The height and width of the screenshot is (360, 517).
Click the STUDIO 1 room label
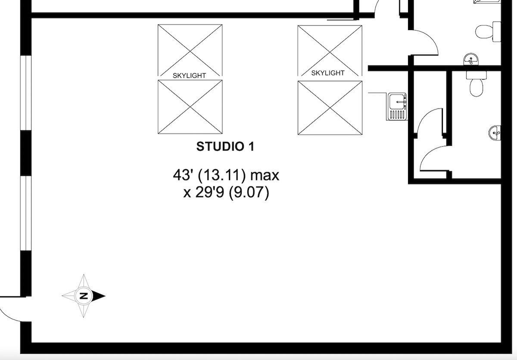coord(225,146)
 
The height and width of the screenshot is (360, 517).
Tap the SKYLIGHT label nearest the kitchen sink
coord(328,73)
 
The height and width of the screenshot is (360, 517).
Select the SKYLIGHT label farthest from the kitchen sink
coord(189,75)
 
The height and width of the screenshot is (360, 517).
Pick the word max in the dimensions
coord(265,176)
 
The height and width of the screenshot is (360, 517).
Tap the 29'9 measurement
coord(209,192)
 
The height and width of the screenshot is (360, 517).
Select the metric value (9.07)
coord(249,193)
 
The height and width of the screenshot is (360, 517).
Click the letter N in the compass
coord(84,296)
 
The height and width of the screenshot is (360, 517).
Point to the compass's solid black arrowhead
coord(99,296)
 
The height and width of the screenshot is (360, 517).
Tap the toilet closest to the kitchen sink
coord(477,84)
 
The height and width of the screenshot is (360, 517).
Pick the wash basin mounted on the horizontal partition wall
coord(471,59)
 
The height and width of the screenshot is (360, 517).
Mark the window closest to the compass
coord(25,214)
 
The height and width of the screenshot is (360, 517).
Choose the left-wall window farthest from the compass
coord(25,93)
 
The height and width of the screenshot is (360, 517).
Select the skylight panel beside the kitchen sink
coord(330,108)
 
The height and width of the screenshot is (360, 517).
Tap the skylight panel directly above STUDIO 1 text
coord(190,107)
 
